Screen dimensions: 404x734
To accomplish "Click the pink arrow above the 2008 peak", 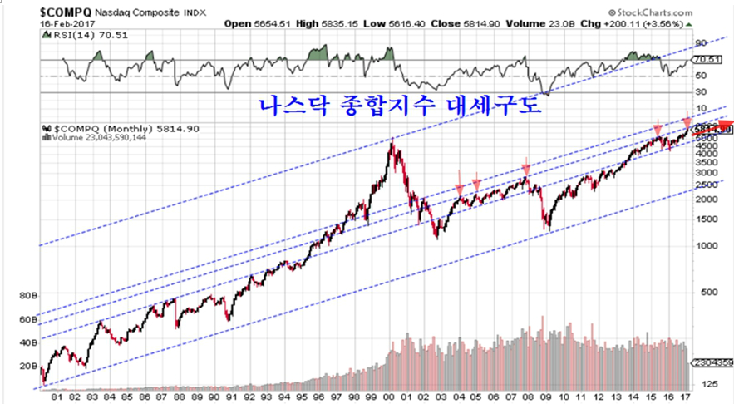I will click(526, 169).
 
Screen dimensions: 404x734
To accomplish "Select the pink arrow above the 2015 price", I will click(658, 130).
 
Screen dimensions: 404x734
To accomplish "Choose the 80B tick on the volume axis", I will click(28, 294).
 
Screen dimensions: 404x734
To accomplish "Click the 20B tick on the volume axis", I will click(28, 365).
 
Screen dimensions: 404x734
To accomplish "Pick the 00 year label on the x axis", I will click(390, 396).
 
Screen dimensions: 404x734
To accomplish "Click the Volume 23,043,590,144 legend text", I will click(92, 138).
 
